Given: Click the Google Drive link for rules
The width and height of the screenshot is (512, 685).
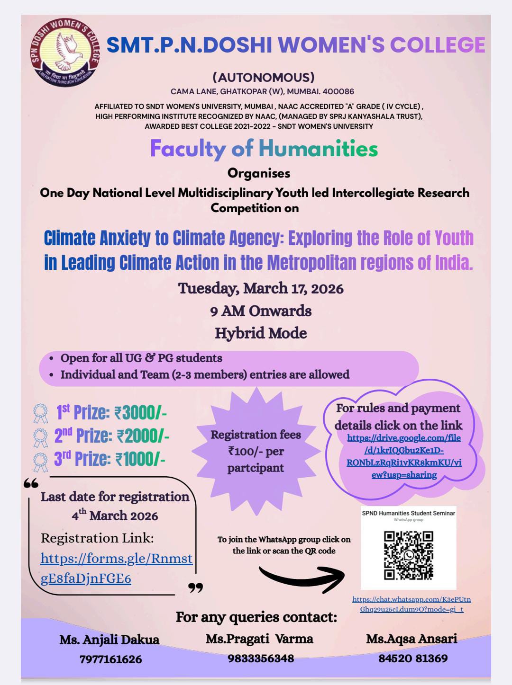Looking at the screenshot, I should click(x=404, y=456).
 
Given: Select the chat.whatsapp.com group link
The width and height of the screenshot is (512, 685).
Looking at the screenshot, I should click(x=411, y=604).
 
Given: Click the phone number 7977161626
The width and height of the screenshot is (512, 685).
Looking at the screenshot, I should click(x=110, y=659).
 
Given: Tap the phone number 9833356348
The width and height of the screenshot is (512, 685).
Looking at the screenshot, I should click(x=261, y=658).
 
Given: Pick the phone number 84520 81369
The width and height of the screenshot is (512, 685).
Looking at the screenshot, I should click(x=412, y=658).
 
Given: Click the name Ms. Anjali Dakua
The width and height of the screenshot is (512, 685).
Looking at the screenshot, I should click(x=109, y=640).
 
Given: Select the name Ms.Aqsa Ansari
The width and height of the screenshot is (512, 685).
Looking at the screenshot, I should click(x=411, y=639).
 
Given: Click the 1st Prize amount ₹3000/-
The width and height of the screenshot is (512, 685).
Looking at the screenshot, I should click(x=140, y=413).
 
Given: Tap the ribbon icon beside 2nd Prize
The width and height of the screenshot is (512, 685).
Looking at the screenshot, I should click(x=41, y=436).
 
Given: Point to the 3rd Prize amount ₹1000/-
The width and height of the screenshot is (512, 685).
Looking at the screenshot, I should click(x=140, y=459).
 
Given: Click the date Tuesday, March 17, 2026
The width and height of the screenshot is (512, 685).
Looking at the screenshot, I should click(x=261, y=288).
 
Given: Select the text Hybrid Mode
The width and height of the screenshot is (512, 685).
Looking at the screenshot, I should click(x=261, y=333).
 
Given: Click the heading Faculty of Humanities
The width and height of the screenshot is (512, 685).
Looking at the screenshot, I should click(x=264, y=149).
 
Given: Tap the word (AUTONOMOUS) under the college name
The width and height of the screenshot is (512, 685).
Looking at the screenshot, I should click(x=264, y=77).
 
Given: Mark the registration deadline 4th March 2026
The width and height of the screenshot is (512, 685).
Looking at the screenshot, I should click(x=115, y=515).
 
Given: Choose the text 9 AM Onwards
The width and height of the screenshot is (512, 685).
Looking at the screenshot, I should click(x=261, y=311).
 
